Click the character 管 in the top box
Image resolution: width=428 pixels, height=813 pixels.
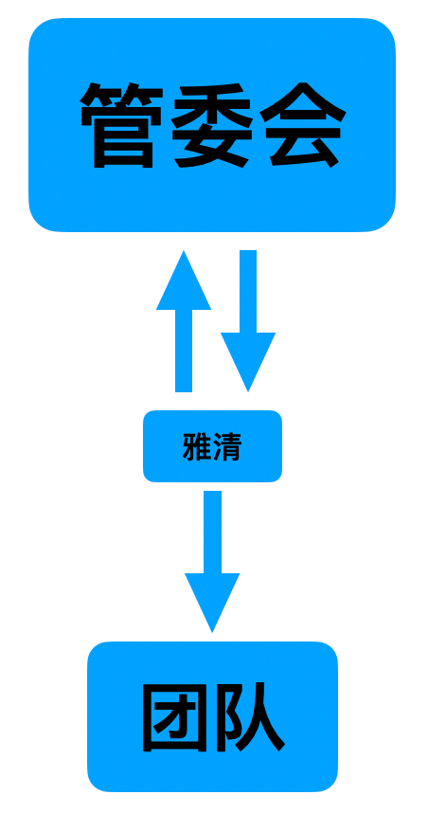pos(121,125)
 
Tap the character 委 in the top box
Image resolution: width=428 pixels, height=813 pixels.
pos(212,125)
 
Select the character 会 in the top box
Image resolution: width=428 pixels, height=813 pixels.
pos(303,125)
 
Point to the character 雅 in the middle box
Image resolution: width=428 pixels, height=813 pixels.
pos(197,446)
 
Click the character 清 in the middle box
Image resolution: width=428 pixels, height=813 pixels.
pos(227,446)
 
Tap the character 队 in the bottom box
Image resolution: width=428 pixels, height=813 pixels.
pos(250,717)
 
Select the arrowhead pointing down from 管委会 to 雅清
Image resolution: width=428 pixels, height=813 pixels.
pos(248,362)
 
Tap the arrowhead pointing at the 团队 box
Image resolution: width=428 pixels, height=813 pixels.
pos(212,603)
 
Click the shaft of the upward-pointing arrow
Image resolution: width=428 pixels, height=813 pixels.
pos(184,351)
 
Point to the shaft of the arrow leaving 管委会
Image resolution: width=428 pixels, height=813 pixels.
pos(248,292)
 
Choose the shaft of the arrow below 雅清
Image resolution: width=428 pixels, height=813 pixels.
pos(212,532)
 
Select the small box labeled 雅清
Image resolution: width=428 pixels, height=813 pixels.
pos(212,446)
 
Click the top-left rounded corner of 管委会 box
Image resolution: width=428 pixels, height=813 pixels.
pos(37,27)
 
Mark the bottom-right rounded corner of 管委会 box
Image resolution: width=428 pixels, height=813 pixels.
pos(387,223)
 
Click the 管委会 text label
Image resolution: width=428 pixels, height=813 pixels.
pos(213,125)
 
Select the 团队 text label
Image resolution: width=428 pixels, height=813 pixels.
pos(214,717)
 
